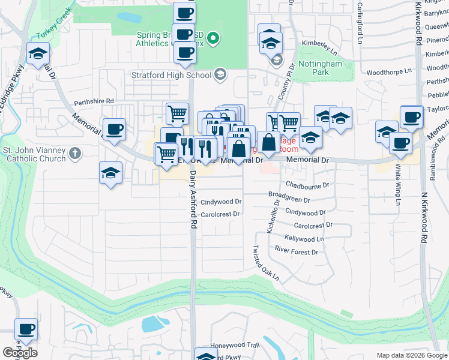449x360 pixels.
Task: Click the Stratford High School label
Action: tap(171, 75)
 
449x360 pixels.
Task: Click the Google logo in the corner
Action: tap(20, 352)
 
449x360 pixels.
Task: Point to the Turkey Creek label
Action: tap(53, 28)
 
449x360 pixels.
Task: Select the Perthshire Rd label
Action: tap(94, 102)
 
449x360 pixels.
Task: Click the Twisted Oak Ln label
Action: tap(266, 263)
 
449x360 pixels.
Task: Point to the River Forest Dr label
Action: tap(296, 252)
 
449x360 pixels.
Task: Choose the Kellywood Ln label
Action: tap(304, 239)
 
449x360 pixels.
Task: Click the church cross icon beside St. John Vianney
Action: tap(74, 154)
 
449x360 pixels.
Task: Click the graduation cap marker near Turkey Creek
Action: tap(38, 55)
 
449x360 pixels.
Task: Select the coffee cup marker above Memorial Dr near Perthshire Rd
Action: tap(113, 129)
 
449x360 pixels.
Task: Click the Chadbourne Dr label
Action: tap(307, 186)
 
